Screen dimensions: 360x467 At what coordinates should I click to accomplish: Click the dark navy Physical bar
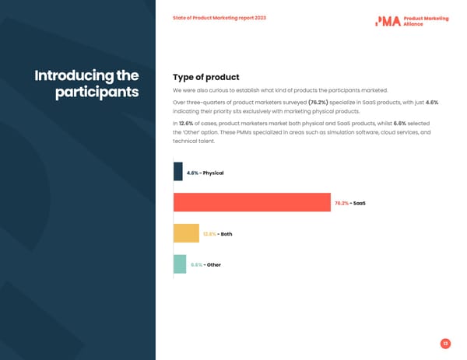(177, 172)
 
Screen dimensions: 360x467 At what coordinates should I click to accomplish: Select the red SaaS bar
(251, 202)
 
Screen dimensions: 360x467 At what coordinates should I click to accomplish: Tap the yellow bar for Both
(186, 233)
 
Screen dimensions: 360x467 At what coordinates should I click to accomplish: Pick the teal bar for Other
(180, 264)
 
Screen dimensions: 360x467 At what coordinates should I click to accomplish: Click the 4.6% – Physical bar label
(205, 173)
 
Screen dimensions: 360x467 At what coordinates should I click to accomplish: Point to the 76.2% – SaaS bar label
(349, 204)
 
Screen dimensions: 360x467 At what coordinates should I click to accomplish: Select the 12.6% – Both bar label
(217, 234)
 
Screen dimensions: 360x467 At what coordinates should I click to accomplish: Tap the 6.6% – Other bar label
(205, 265)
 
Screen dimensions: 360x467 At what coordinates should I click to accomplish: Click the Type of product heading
(205, 77)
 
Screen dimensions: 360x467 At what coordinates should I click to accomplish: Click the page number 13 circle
(445, 344)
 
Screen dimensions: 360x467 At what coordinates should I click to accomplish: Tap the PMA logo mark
(388, 21)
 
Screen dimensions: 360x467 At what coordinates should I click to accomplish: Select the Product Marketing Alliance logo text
(426, 21)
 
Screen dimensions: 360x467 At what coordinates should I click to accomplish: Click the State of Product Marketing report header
(219, 18)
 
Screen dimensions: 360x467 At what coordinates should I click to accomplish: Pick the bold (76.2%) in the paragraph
(318, 102)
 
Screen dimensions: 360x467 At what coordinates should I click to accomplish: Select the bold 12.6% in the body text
(186, 123)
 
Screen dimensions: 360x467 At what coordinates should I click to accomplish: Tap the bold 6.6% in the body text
(400, 123)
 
